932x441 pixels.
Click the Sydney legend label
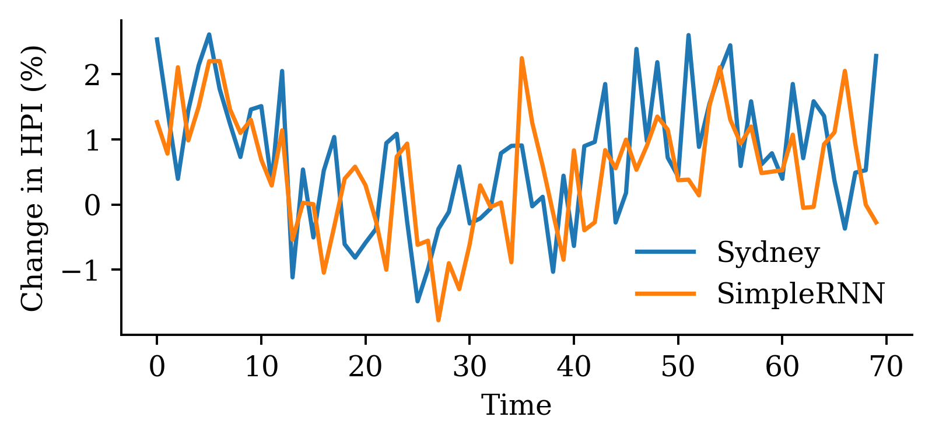point(768,253)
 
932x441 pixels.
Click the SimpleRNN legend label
point(800,293)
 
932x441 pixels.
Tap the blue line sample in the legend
point(665,252)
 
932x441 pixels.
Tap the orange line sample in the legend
point(665,293)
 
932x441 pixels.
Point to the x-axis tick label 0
point(157,368)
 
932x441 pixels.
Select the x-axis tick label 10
point(261,368)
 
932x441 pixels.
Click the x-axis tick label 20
point(365,368)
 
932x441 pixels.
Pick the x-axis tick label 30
point(469,368)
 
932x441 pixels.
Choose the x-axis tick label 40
point(574,368)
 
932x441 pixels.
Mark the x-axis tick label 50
point(678,368)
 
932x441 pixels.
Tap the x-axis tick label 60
point(782,368)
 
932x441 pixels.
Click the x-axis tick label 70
point(887,368)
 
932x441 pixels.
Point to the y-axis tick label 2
point(93,75)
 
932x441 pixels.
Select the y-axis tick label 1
point(93,140)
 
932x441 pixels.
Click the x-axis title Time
point(516,405)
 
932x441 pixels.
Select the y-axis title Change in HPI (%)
point(33,177)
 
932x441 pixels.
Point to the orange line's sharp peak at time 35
point(521,58)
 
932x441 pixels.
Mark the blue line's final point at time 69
point(876,55)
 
